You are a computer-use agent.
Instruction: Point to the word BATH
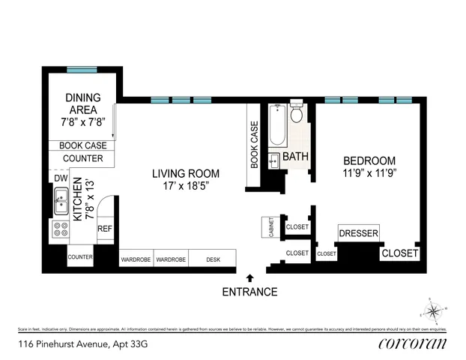coord(295,157)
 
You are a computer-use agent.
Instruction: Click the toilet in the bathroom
coord(297,114)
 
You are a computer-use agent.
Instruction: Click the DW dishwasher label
coord(60,178)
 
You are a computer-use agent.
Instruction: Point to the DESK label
coord(214,259)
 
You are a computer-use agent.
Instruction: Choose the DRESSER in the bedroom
coord(359,233)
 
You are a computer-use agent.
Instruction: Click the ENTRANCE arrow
coord(249,278)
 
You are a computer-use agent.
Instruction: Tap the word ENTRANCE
coord(249,292)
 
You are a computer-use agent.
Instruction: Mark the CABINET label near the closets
coord(267,227)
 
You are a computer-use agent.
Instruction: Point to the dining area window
coord(82,70)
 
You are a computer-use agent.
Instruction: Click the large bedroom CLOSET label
coord(399,253)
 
